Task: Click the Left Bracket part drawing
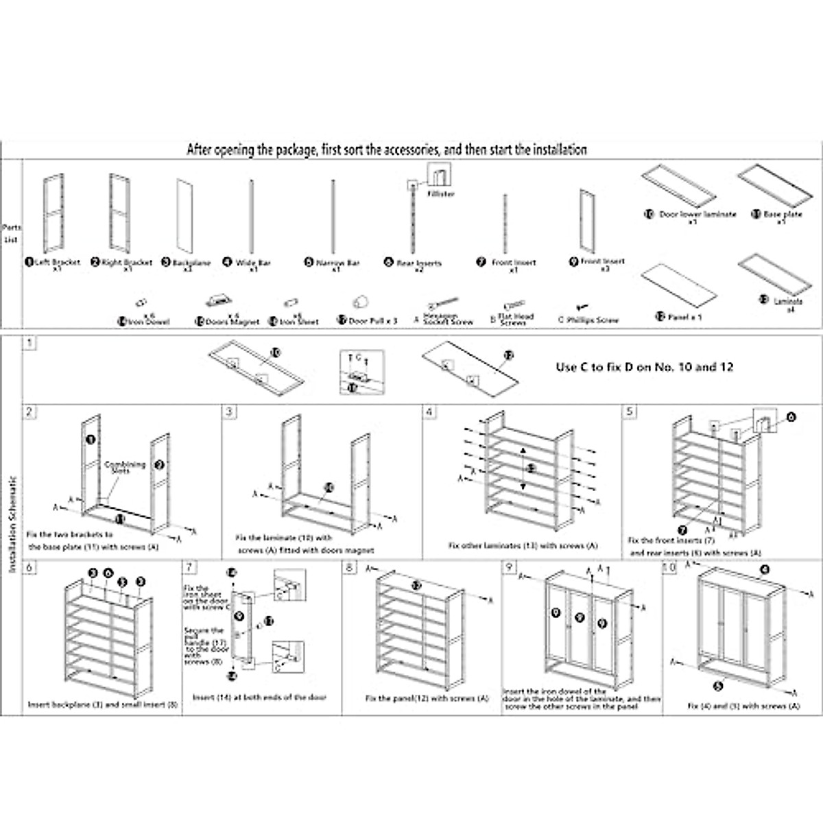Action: coord(53,213)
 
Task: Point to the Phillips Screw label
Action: coord(592,320)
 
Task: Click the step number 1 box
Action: coord(29,343)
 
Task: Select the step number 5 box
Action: coord(630,411)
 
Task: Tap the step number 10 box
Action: coord(669,568)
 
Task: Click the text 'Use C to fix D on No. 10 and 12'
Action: coord(644,367)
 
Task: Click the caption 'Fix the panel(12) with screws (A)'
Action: coord(427,698)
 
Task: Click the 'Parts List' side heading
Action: coord(11,233)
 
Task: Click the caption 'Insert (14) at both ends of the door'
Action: coord(259,697)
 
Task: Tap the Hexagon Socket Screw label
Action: coord(448,319)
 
